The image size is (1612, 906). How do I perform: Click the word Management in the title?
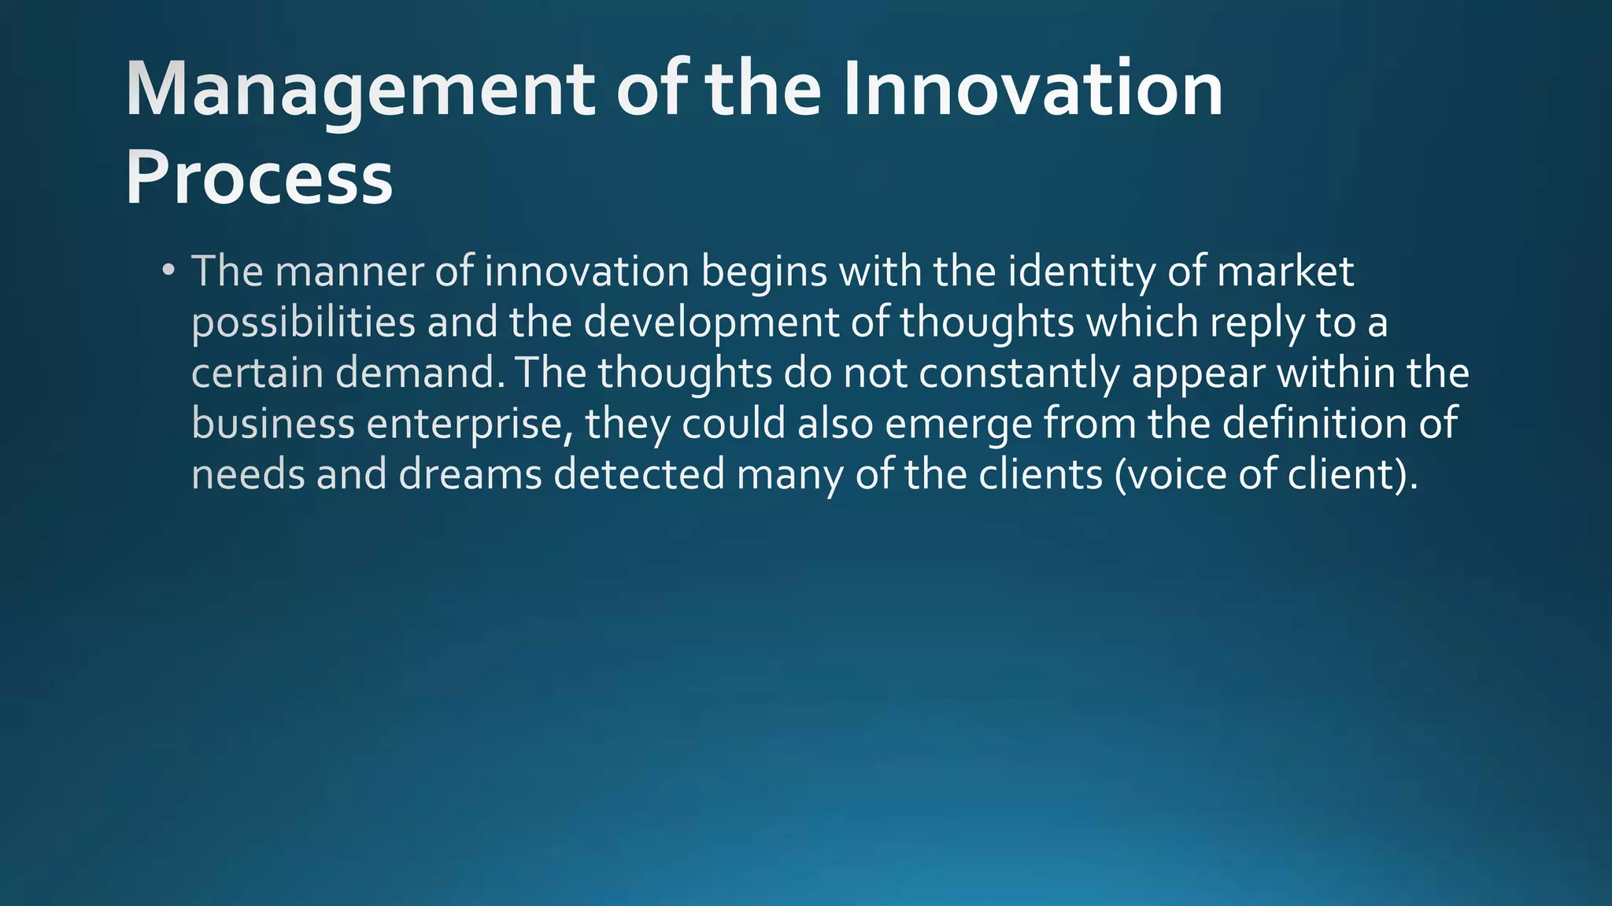pyautogui.click(x=359, y=90)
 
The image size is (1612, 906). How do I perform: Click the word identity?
pyautogui.click(x=1081, y=273)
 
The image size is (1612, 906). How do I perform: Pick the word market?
pyautogui.click(x=1285, y=271)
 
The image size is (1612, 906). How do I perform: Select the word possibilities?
pyautogui.click(x=304, y=323)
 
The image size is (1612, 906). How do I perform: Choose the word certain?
pyautogui.click(x=257, y=373)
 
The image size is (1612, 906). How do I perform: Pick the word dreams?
pyautogui.click(x=470, y=474)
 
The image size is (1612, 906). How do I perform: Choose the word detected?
pyautogui.click(x=639, y=474)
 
